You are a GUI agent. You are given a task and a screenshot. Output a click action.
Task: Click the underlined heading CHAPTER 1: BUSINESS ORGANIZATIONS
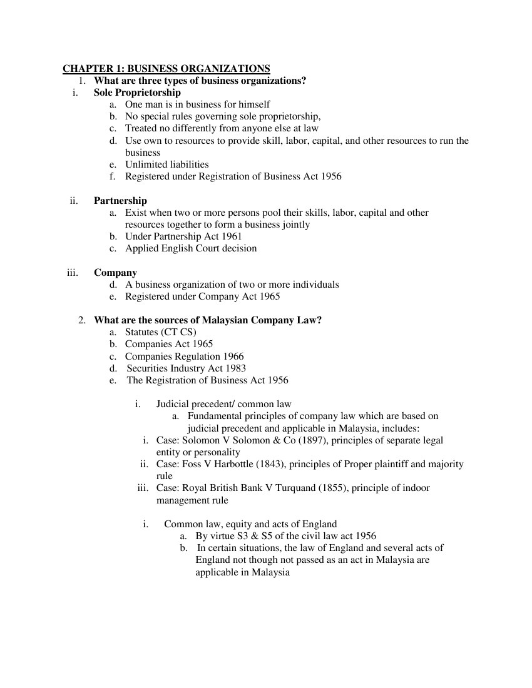166,69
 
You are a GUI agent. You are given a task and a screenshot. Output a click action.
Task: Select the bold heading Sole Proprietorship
137,93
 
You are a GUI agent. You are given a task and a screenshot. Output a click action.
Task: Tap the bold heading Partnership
120,201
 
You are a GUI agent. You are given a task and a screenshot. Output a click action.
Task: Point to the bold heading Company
115,273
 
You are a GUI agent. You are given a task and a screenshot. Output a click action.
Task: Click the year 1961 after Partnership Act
230,236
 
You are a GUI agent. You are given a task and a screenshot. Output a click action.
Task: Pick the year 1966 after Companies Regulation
233,357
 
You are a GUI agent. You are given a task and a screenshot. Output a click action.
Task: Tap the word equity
237,524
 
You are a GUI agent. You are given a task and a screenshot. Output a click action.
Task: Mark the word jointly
295,225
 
